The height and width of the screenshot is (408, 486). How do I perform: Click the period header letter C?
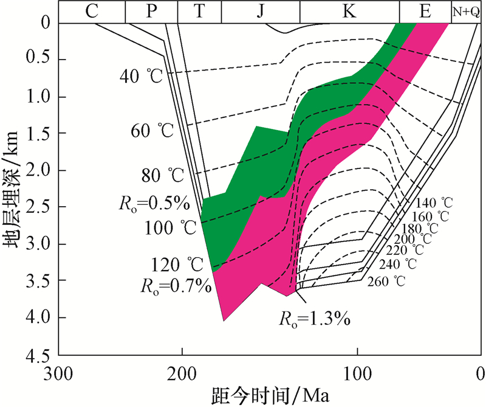92,11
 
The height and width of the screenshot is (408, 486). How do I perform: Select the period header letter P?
151,11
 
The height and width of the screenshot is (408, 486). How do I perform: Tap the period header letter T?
199,11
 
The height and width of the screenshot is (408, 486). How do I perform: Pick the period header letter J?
261,11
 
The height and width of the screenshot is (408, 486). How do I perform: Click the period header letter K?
349,11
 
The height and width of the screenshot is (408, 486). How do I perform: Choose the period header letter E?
425,11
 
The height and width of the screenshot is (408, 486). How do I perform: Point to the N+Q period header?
466,11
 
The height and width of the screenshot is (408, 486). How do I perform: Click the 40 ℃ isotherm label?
140,76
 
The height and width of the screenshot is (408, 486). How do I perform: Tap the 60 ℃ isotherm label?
151,130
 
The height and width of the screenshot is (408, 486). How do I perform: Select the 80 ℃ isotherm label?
161,176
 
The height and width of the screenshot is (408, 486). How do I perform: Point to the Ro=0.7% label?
176,284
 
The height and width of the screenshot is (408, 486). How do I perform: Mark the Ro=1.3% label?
316,317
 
